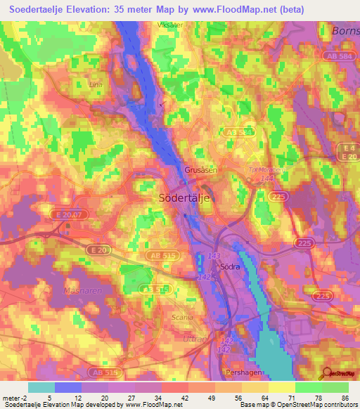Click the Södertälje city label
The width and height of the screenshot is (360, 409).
(181, 198)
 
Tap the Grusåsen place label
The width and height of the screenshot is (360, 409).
(201, 170)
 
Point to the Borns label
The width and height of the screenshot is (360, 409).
(344, 31)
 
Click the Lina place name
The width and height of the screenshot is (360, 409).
(96, 84)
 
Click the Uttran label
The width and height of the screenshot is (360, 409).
(190, 339)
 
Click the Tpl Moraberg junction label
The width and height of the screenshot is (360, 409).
(265, 169)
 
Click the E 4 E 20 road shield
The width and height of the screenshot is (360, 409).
(347, 152)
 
